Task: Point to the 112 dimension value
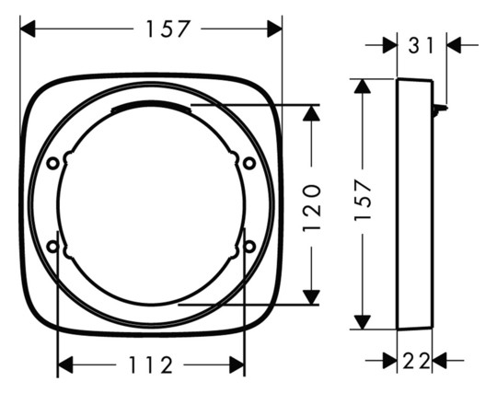[x=151, y=365]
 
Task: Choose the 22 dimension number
[x=417, y=361]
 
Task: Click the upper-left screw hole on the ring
[x=53, y=163]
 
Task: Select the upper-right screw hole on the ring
[x=248, y=163]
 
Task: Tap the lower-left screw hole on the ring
[x=53, y=247]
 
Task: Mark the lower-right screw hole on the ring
[x=248, y=247]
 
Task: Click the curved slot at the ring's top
[x=150, y=108]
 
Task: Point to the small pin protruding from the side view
[x=442, y=110]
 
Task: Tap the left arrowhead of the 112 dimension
[x=65, y=365]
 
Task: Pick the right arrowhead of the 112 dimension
[x=237, y=365]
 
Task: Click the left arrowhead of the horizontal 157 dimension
[x=28, y=29]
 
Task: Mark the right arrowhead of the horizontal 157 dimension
[x=274, y=29]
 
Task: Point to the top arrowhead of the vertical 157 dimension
[x=363, y=87]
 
